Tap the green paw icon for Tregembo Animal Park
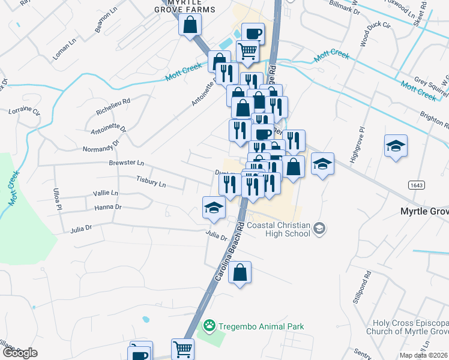point(209,326)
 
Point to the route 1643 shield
point(418,186)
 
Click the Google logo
point(20,352)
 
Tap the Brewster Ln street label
point(127,163)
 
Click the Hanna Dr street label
point(108,207)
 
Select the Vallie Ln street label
point(106,193)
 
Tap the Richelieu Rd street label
point(113,106)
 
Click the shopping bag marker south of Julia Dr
point(240,273)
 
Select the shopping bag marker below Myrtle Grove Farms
point(190,25)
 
